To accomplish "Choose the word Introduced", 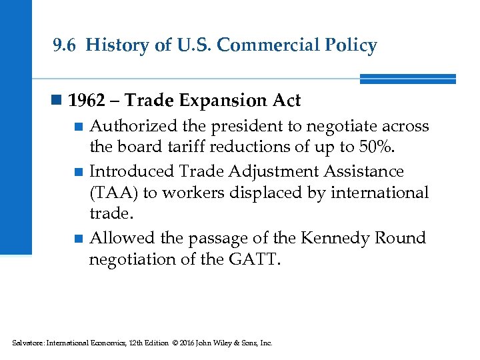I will tap(132, 171).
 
